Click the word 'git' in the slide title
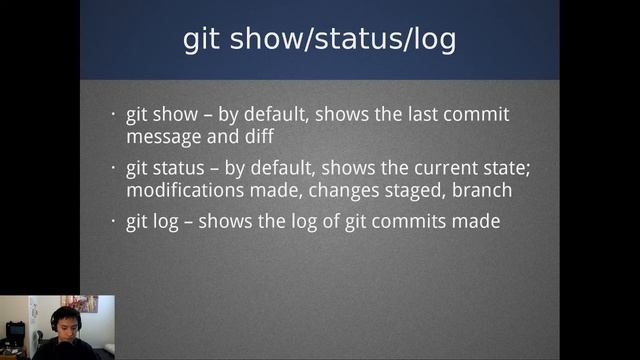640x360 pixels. pyautogui.click(x=205, y=39)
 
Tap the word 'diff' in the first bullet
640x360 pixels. pyautogui.click(x=257, y=134)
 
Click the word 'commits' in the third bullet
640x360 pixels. pyautogui.click(x=401, y=221)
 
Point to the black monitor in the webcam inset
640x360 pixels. pyautogui.click(x=15, y=329)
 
